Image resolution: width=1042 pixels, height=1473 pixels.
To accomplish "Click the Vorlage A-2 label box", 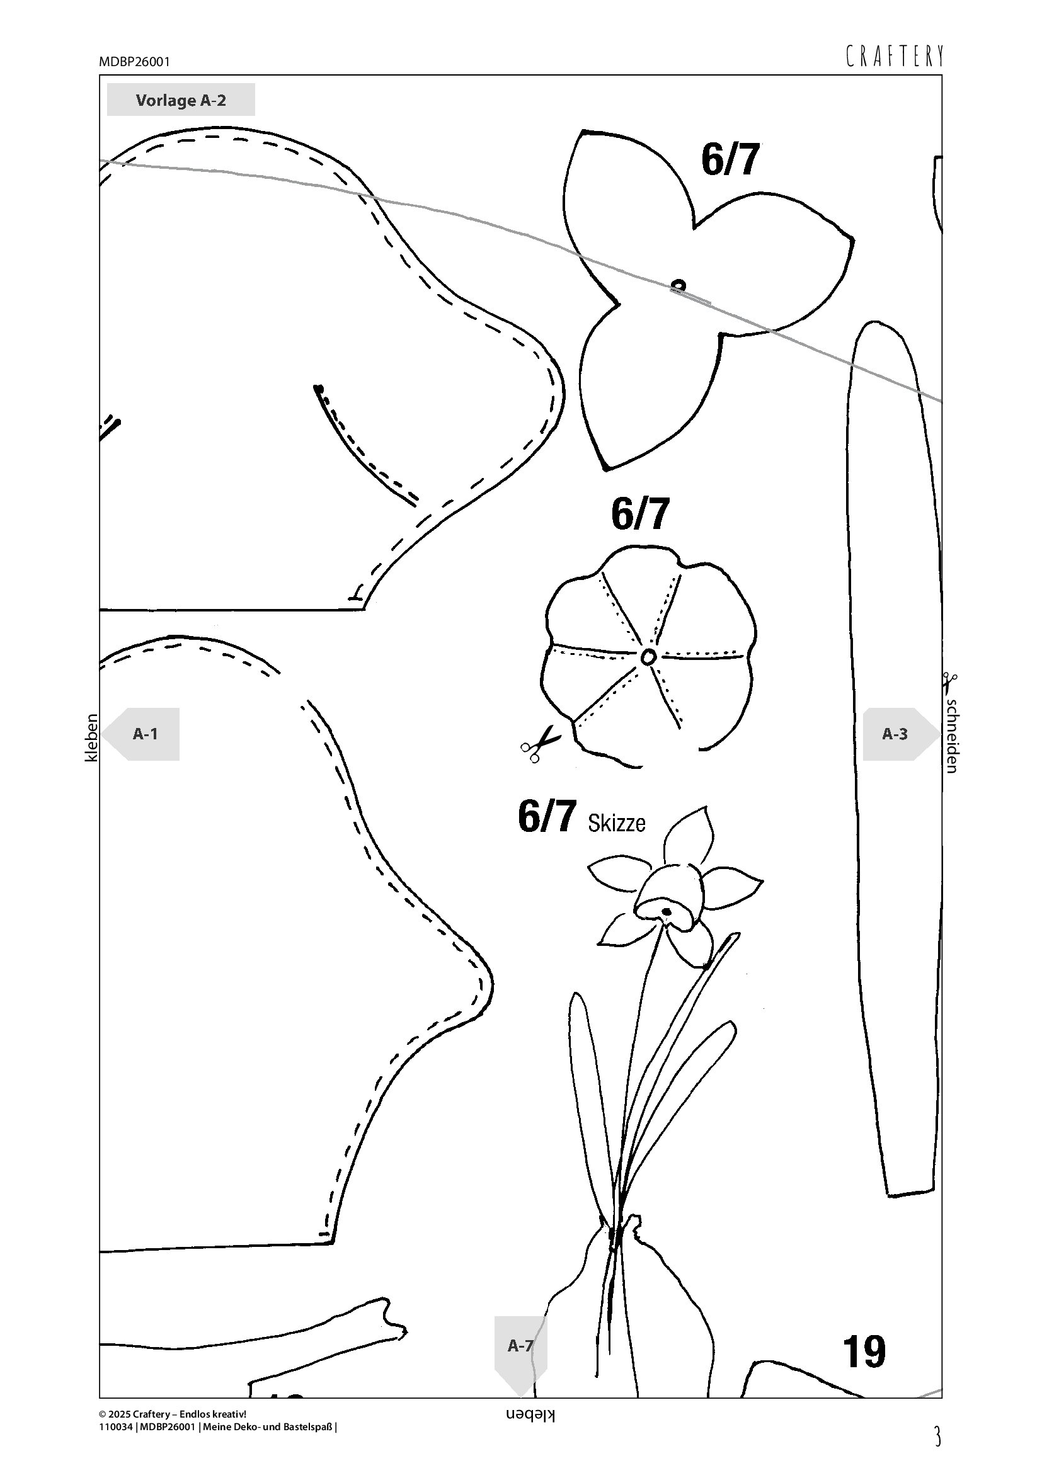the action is [x=180, y=100].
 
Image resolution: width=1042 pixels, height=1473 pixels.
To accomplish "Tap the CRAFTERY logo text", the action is [x=895, y=57].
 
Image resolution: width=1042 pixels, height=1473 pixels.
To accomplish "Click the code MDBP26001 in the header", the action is [x=134, y=62].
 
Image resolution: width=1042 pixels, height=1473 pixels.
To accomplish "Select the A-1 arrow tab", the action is [x=140, y=734].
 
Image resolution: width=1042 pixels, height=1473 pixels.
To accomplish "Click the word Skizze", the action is [x=617, y=823].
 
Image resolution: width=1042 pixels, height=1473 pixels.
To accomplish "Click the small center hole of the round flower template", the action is [x=648, y=656].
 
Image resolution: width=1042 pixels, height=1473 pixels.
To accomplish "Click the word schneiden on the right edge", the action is [x=952, y=735].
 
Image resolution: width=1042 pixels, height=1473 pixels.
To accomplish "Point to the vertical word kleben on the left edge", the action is [x=92, y=738].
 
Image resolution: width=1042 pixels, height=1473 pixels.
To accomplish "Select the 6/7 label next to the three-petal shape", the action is [x=730, y=160].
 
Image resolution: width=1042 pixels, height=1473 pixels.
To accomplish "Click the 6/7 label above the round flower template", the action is [x=639, y=514].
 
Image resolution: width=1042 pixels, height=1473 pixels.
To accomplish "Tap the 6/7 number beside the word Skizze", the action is [x=547, y=816].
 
